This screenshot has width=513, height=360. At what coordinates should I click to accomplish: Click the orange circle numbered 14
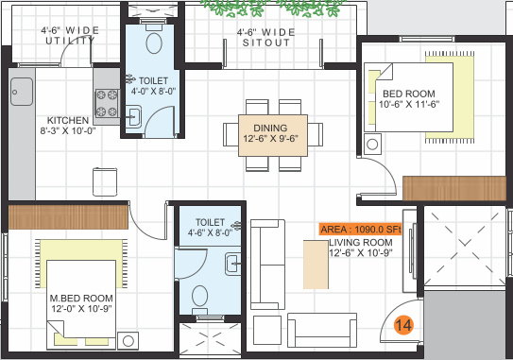pyautogui.click(x=403, y=325)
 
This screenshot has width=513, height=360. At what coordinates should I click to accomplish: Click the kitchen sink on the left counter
pyautogui.click(x=16, y=94)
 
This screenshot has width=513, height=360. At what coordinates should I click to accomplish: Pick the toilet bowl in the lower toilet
pyautogui.click(x=199, y=296)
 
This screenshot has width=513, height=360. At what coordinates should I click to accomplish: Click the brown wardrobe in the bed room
pyautogui.click(x=450, y=187)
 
